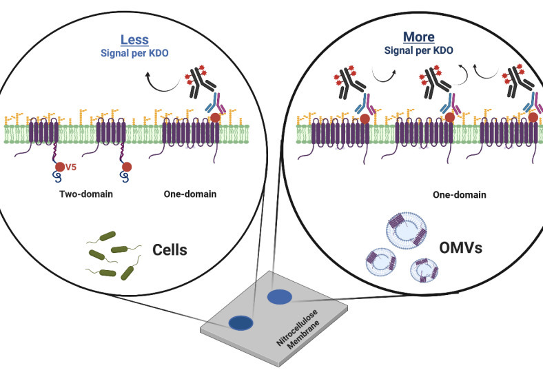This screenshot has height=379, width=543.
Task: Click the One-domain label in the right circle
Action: [x=459, y=195]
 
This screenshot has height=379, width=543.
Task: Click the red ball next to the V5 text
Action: [x=60, y=166]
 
